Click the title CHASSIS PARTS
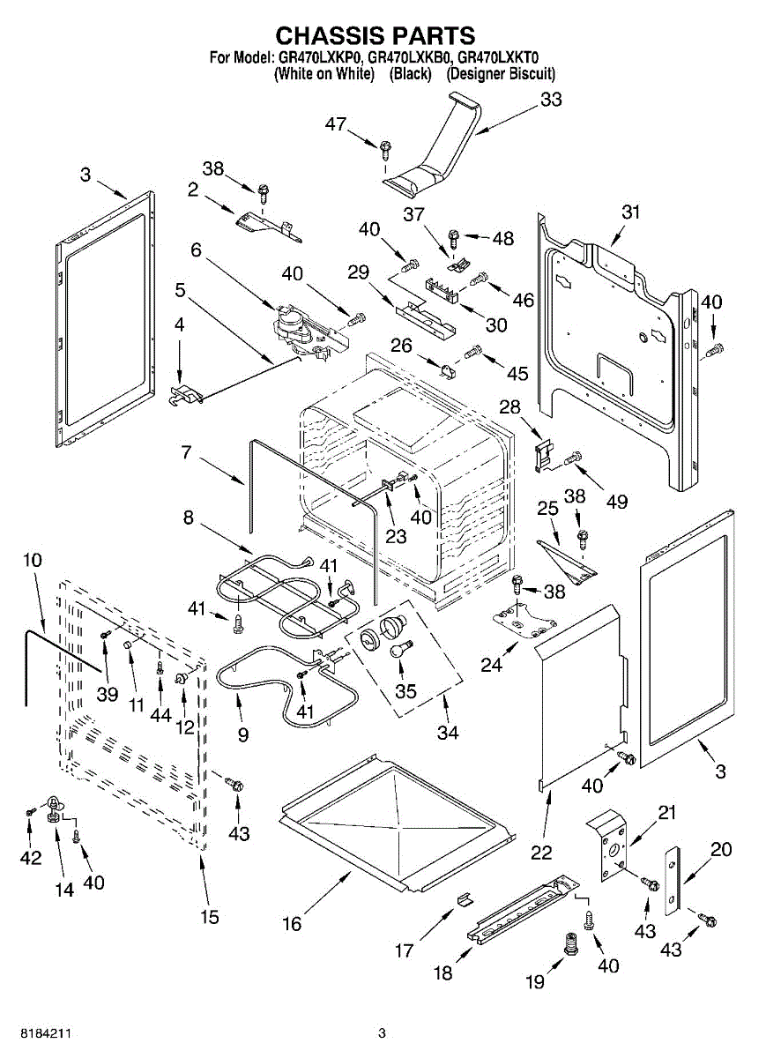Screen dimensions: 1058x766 click(x=376, y=35)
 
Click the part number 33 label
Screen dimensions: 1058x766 click(x=551, y=100)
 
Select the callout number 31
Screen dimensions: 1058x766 click(x=629, y=212)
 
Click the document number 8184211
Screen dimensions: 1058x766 click(x=41, y=1032)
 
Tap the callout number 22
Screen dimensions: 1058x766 click(x=541, y=852)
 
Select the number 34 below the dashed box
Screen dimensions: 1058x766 click(x=448, y=732)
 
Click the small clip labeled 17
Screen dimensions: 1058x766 click(x=464, y=899)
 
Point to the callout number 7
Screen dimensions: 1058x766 click(x=186, y=453)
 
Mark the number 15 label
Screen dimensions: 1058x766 click(x=208, y=917)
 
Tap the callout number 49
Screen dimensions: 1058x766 click(x=616, y=502)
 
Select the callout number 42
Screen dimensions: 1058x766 click(x=31, y=857)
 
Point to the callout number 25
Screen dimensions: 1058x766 click(x=548, y=509)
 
